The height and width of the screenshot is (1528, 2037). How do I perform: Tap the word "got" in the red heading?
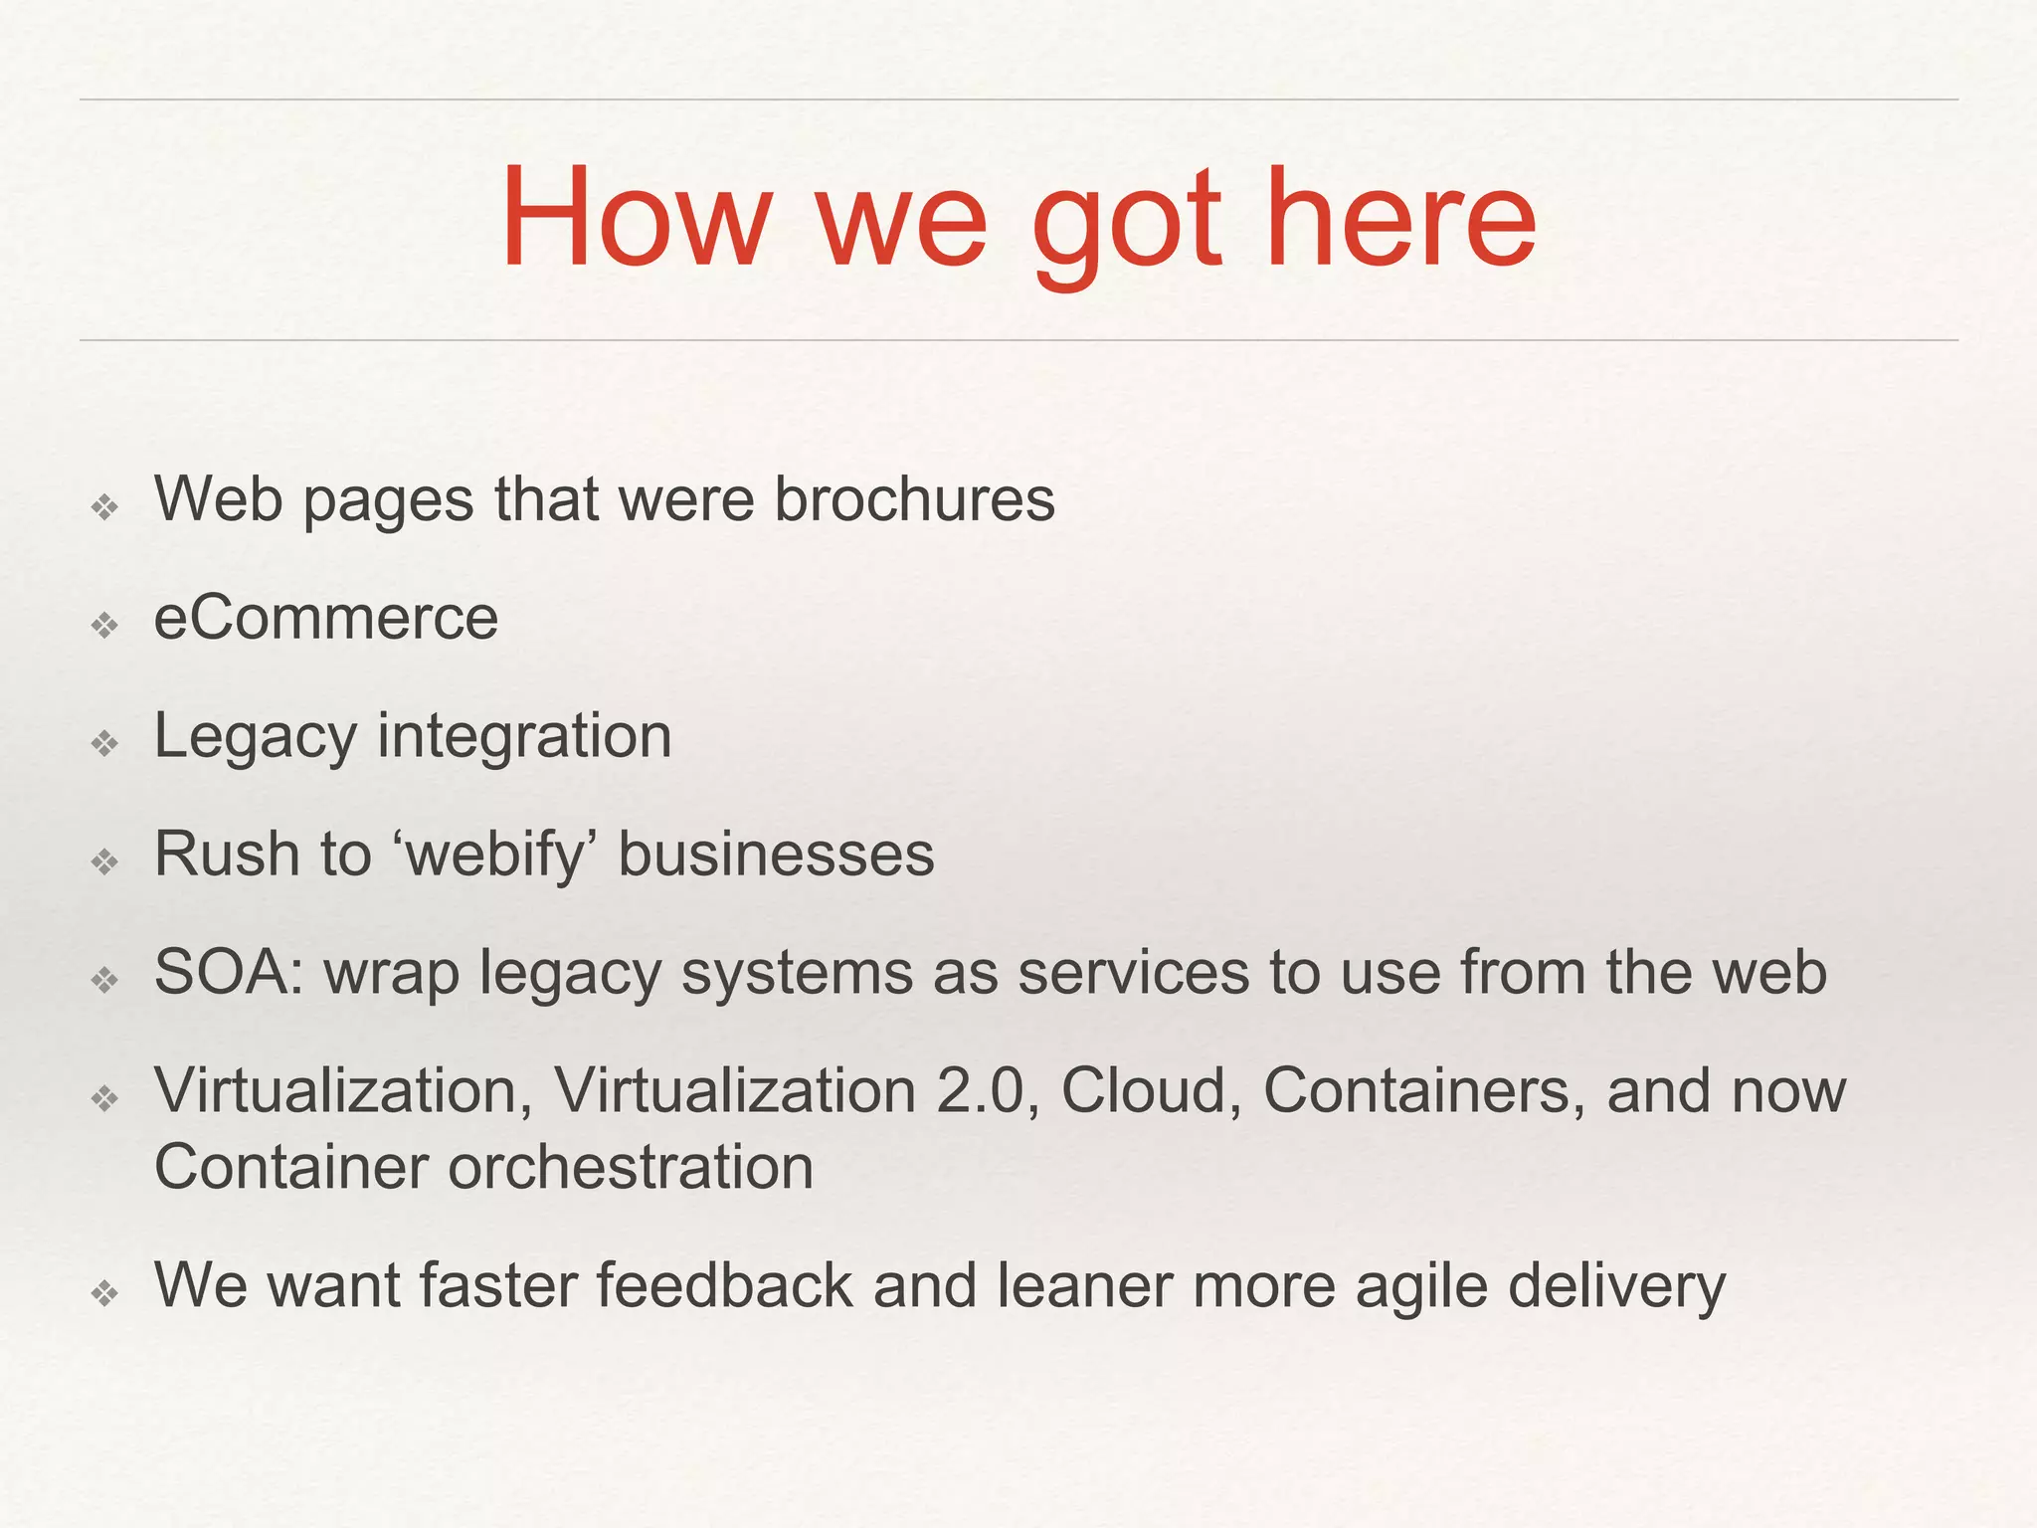(x=1126, y=224)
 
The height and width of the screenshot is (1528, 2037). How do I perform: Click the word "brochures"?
(x=914, y=498)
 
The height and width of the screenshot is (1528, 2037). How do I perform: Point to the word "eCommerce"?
(x=326, y=618)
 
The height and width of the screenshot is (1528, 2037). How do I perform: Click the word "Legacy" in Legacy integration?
(x=256, y=739)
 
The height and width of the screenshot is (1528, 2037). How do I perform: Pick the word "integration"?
(x=524, y=737)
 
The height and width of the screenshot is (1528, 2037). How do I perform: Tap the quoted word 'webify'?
(x=494, y=856)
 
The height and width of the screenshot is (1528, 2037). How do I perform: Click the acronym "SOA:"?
(x=229, y=972)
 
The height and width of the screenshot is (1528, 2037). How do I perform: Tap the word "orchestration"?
(x=631, y=1167)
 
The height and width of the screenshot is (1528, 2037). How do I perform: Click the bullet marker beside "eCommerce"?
(x=104, y=626)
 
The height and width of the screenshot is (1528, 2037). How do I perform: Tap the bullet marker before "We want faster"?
(x=104, y=1293)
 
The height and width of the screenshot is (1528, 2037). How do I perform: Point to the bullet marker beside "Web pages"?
(x=104, y=507)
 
